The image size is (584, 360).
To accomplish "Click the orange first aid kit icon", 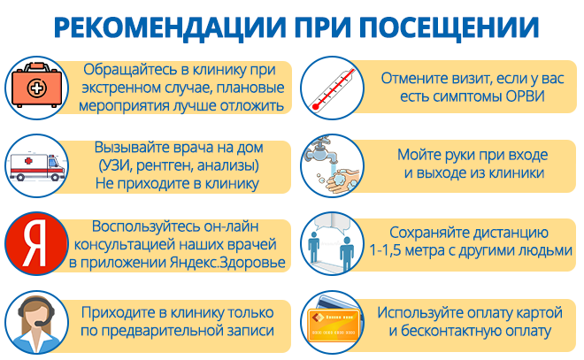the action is pos(36,85).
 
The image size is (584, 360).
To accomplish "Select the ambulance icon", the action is pos(37,167).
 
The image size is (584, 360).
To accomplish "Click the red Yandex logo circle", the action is pos(36,243).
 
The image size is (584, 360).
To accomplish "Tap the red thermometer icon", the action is pos(334,89).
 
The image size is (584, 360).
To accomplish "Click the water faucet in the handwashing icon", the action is pos(322,151).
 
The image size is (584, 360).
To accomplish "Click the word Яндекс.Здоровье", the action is pos(227,263).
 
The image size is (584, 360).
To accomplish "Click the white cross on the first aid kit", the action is pos(36,88).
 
